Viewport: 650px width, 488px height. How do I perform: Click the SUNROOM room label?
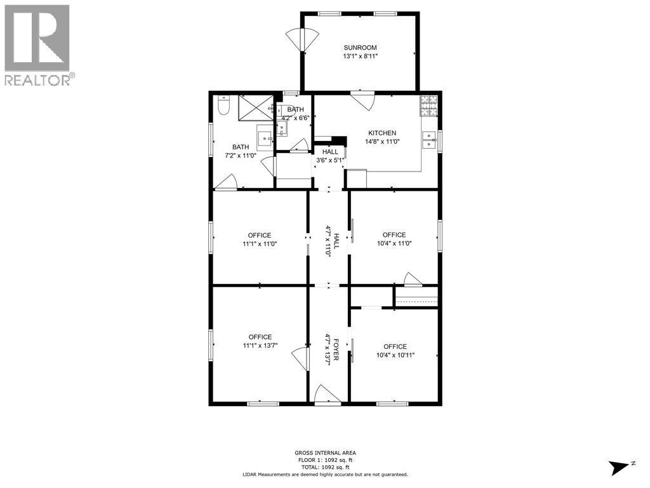360,48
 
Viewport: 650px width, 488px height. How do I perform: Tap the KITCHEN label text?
381,133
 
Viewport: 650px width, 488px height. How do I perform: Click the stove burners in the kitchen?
428,105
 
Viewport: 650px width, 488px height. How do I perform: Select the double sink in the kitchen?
430,140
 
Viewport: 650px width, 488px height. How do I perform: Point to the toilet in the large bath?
222,105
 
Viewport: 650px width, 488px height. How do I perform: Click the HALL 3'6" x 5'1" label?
330,156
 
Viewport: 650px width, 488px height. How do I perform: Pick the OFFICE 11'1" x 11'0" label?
260,240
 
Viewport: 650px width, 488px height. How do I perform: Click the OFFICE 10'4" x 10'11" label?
394,351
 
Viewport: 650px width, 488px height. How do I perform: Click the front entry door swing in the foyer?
327,394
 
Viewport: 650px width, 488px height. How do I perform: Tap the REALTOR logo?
37,45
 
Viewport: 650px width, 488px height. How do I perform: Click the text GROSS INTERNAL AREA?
324,453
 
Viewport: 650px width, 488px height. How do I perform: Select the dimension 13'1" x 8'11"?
360,56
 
